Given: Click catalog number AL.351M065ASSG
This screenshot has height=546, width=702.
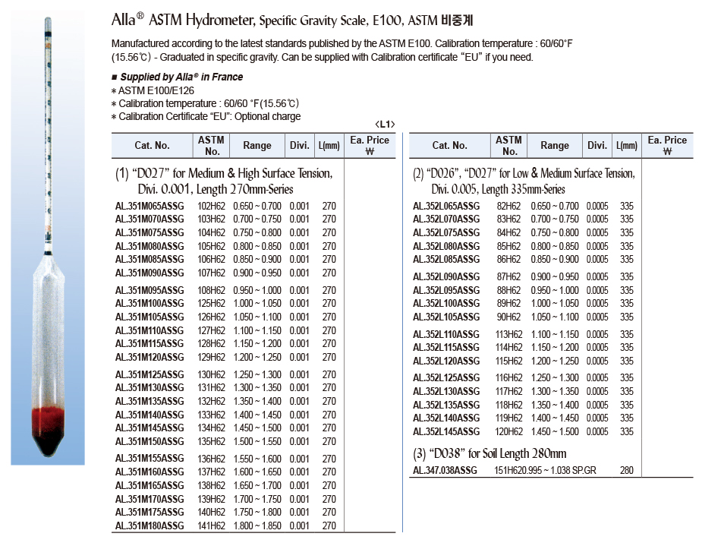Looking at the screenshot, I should (x=150, y=206).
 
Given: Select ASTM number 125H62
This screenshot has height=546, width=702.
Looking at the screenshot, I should (x=211, y=304).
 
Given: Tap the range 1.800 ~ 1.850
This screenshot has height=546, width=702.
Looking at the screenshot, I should (x=257, y=525).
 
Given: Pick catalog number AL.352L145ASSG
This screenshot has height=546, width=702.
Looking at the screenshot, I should (x=446, y=431).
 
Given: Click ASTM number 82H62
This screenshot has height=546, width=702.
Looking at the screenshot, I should (x=508, y=206).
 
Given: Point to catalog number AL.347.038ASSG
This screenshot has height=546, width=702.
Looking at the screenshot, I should (x=445, y=471).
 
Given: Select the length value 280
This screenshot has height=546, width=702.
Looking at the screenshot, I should (x=626, y=471).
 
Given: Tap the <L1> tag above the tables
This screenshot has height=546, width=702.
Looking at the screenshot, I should (x=385, y=125).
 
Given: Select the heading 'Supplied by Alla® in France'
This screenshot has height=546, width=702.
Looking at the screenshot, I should (x=181, y=77).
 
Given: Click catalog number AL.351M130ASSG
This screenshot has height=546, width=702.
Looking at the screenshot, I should (x=150, y=388).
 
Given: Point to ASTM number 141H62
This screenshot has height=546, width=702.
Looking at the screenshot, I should (x=211, y=525).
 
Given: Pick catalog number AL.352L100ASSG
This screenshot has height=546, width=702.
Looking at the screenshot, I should (x=446, y=304).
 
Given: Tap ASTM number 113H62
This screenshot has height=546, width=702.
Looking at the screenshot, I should (x=508, y=334).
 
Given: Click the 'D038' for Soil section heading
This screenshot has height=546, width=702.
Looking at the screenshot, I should (x=490, y=454).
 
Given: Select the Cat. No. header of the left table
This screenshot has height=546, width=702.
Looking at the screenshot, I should (x=152, y=145).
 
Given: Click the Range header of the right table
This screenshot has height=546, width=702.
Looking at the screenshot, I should (x=555, y=145).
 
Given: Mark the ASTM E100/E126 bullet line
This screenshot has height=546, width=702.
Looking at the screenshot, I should (x=151, y=90).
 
